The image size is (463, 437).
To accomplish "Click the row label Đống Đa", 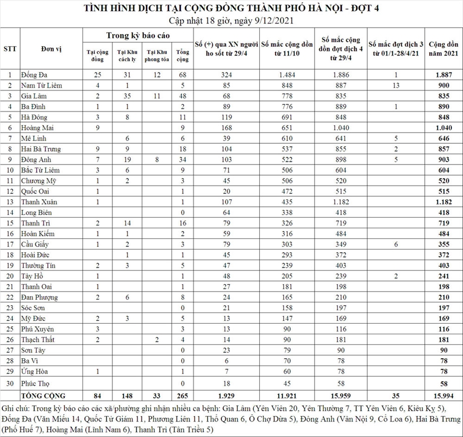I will pyautogui.click(x=34, y=75).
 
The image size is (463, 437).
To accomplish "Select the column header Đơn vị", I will pyautogui.click(x=51, y=49).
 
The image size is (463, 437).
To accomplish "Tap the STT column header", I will pyautogui.click(x=10, y=49).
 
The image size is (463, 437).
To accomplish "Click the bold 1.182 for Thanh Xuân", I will pyautogui.click(x=443, y=202).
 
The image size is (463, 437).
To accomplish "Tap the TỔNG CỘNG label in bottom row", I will pyautogui.click(x=43, y=395).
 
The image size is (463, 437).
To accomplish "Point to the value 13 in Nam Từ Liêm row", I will pyautogui.click(x=395, y=85).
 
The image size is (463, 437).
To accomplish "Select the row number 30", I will pyautogui.click(x=10, y=383).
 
